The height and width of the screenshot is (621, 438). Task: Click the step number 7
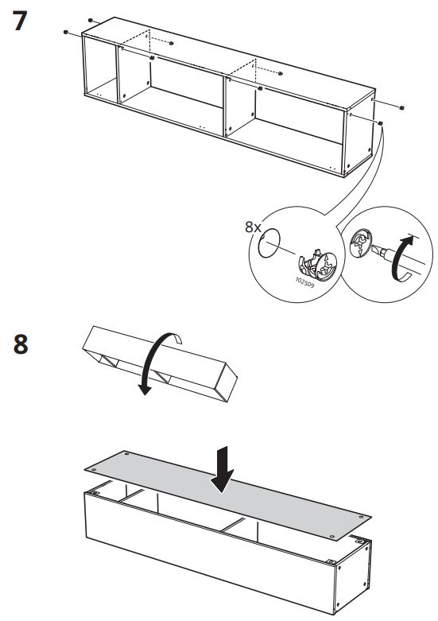20,21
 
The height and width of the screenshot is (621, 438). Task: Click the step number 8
21,343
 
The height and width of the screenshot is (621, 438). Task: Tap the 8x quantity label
253,227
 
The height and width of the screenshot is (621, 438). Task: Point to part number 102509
305,282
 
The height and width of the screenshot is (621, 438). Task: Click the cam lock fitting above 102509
318,265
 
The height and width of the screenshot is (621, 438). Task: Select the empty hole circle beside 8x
269,243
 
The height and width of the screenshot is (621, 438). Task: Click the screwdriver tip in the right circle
374,249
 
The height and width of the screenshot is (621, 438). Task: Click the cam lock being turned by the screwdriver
361,243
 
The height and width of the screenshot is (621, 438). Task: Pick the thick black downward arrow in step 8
222,470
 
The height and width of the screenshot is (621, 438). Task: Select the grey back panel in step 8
227,495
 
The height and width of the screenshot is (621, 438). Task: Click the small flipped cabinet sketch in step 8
160,363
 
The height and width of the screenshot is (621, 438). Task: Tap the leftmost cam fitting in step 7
66,32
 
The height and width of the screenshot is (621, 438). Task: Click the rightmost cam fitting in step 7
402,107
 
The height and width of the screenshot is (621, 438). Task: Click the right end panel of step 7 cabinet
359,134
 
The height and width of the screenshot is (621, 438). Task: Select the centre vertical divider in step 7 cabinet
225,107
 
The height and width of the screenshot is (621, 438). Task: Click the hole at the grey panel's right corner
361,517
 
